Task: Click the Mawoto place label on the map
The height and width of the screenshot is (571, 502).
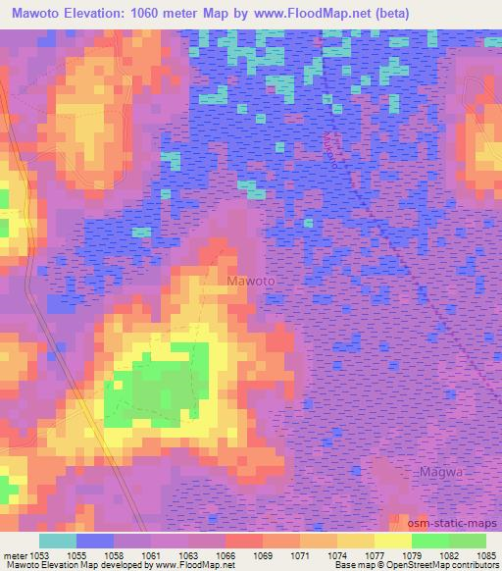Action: pyautogui.click(x=251, y=281)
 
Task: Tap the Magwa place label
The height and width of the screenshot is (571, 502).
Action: pyautogui.click(x=440, y=472)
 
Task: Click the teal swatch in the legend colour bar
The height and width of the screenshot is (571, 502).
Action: pyautogui.click(x=58, y=541)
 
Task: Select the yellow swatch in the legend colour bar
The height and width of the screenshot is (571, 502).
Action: pyautogui.click(x=393, y=541)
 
